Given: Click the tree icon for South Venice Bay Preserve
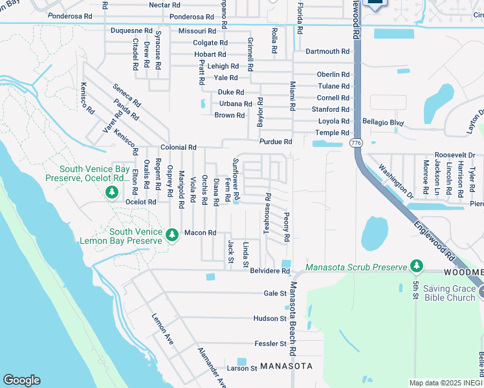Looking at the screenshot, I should (x=112, y=192).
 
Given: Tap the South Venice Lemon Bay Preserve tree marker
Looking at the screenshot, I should (x=172, y=234).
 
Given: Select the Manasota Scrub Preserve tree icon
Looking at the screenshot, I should (x=417, y=266).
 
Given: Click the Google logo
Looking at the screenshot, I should (x=21, y=380).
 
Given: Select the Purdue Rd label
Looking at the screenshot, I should (x=276, y=142).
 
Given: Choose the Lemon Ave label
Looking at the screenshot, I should (x=162, y=328).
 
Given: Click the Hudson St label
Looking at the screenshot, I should (x=270, y=318).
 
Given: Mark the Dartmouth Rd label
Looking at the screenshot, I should (x=327, y=51).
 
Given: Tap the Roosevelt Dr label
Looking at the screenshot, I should (x=454, y=155).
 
